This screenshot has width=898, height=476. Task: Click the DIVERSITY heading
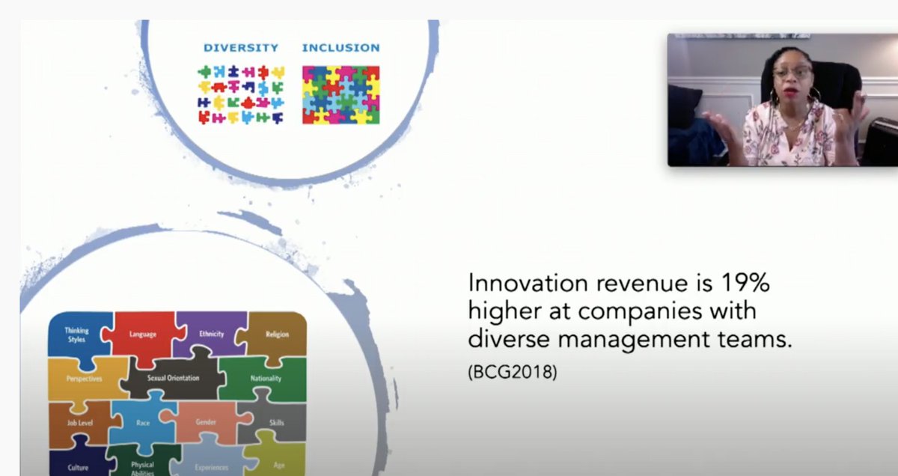(x=240, y=48)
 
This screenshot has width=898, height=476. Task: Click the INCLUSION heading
(x=340, y=48)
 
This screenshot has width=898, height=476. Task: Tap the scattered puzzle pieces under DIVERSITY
(x=240, y=95)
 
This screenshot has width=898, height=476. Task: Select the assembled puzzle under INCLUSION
(x=340, y=95)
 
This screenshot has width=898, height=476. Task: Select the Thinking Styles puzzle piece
(x=76, y=335)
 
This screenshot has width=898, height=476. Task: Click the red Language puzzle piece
(x=142, y=335)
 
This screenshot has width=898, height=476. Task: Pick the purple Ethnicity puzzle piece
(x=212, y=334)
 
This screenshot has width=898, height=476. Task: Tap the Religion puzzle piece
(x=276, y=335)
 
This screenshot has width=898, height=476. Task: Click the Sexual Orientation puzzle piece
(x=174, y=378)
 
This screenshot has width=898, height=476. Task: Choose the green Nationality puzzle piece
(x=266, y=379)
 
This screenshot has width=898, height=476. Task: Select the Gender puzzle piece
(x=206, y=422)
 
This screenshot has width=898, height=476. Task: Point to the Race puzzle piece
(x=143, y=423)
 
